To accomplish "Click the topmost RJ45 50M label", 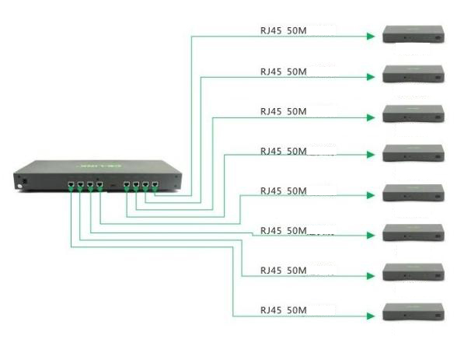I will click(283, 32).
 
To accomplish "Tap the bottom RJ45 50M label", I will click(283, 310).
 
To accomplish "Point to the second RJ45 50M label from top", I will click(283, 72).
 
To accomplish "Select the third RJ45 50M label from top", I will click(283, 111).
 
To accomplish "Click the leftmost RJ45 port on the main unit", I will click(72, 187).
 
